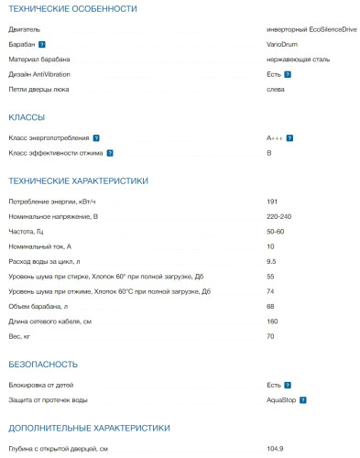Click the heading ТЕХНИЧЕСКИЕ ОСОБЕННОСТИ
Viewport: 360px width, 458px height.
(x=72, y=9)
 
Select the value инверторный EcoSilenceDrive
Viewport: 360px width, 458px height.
(x=305, y=29)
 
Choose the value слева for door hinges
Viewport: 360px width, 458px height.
(x=276, y=89)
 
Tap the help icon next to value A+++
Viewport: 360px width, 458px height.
(x=290, y=137)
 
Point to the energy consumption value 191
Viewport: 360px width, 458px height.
(x=272, y=202)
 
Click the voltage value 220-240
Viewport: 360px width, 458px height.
(x=279, y=216)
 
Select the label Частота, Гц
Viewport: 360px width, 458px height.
(x=32, y=232)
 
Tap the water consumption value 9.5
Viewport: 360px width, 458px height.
(x=272, y=261)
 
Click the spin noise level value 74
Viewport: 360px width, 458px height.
(x=270, y=291)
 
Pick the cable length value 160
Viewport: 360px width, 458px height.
(x=272, y=321)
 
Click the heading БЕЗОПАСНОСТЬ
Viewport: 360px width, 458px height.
(x=43, y=364)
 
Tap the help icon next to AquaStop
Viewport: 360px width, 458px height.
(x=302, y=399)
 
